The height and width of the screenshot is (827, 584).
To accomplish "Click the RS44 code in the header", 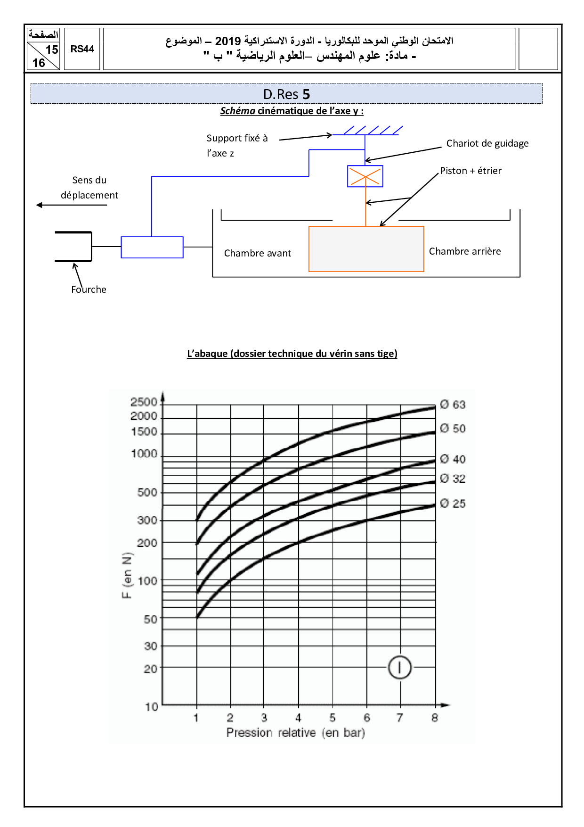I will [x=82, y=49].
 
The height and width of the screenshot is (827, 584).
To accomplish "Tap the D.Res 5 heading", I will [x=286, y=94].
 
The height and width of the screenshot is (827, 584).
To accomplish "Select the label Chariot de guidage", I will [x=487, y=143].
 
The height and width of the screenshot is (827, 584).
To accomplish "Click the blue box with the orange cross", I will [x=365, y=176].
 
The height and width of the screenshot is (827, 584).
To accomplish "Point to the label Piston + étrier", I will [x=470, y=171].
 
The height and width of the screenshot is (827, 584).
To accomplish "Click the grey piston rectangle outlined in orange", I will [x=366, y=249].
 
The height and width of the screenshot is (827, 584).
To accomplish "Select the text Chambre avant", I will [x=258, y=253].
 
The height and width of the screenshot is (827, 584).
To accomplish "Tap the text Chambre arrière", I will [x=464, y=251].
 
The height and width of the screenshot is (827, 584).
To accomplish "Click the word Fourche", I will [x=89, y=289].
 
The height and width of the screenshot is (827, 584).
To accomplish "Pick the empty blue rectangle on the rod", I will [x=152, y=247].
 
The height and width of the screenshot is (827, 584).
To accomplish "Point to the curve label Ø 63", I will [x=453, y=405].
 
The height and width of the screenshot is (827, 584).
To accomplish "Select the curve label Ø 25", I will [x=453, y=504].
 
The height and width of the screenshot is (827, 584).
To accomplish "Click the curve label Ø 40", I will [x=453, y=459].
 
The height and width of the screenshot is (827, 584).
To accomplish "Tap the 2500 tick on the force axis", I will [x=144, y=402].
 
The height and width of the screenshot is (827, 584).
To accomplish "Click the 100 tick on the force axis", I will [x=147, y=581].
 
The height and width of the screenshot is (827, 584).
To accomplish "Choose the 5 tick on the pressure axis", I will [x=333, y=718].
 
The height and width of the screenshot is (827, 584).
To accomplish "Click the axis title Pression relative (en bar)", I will [x=296, y=733].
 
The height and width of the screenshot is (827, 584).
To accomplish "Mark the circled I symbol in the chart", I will [x=400, y=668].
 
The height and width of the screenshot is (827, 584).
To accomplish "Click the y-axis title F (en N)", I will [x=127, y=575].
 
